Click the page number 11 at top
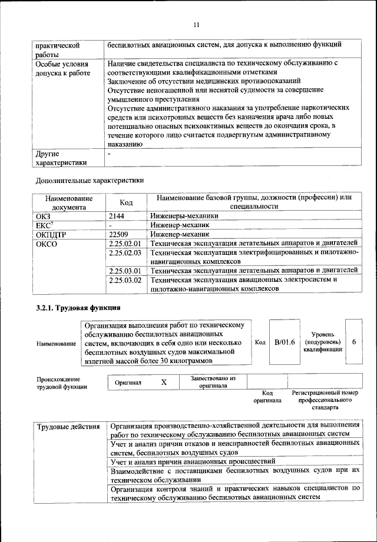pos(197,24)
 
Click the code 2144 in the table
pos(118,216)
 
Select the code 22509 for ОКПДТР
pos(120,234)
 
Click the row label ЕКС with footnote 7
pos(45,225)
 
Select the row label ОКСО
pos(47,243)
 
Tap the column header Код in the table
pos(126,202)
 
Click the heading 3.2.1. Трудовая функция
pos(78,308)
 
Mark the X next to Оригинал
pos(164,383)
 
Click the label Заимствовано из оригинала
pos(213,383)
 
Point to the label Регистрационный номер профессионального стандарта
pos(325,400)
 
